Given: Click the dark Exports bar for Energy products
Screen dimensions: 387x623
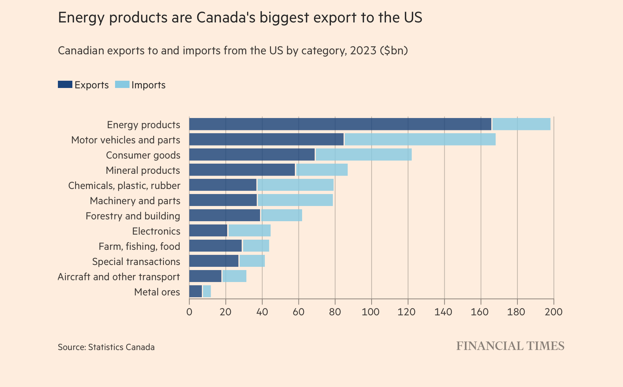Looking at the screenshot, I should point(340,124).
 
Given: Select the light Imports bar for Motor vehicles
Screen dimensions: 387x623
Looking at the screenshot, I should point(420,139).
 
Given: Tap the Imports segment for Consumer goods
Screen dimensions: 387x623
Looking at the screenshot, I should point(363,155).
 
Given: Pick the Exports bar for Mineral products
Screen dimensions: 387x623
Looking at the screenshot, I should point(242,170).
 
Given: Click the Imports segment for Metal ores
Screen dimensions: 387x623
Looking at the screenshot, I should point(207,291).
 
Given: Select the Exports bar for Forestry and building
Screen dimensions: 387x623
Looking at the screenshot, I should point(224,215).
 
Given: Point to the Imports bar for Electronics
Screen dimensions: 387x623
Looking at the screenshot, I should point(249,231).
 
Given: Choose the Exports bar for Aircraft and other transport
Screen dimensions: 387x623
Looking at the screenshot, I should point(205,276).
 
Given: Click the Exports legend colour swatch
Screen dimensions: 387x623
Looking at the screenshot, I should point(65,85).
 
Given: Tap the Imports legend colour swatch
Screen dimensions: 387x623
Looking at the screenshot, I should point(122,85).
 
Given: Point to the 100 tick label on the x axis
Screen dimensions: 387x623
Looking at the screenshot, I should point(371,312).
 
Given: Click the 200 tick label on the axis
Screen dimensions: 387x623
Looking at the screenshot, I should point(553,312).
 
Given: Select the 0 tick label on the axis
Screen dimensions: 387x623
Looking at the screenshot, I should point(189,312).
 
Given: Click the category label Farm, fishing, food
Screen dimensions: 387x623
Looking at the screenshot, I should point(139,246).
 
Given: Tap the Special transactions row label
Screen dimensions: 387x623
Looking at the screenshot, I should point(136,261).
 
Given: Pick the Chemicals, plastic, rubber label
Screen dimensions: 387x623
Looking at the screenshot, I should point(124,185).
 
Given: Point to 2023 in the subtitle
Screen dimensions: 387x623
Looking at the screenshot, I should point(363,50).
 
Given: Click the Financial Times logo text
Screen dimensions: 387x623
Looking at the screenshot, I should point(510,346).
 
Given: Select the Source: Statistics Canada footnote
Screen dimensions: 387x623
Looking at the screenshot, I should point(106,347).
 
